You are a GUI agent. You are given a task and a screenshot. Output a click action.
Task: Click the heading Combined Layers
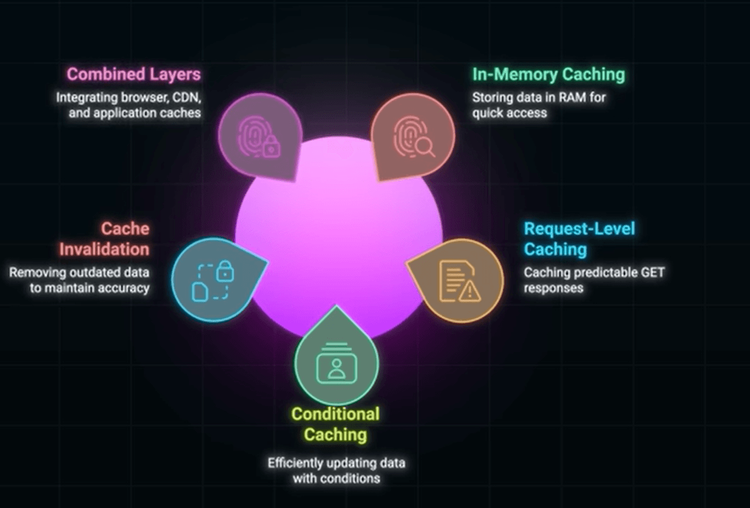134,74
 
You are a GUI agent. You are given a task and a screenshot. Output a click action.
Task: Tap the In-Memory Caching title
548,74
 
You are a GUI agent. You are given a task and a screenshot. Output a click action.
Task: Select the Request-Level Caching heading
579,239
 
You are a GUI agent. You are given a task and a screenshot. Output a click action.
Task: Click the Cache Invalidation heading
104,239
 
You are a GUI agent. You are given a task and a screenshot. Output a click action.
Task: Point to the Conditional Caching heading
335,424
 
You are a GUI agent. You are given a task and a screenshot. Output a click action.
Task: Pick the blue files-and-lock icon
213,282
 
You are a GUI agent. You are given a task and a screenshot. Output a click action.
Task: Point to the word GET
650,272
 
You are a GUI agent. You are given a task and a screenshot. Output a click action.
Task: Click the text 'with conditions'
336,479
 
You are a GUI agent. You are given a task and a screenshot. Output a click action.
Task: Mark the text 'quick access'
509,113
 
